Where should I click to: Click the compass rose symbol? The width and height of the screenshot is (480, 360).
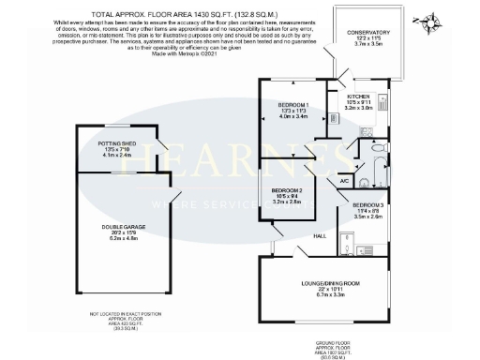click(430, 22)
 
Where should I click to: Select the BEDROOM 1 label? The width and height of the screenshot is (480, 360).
click(293, 102)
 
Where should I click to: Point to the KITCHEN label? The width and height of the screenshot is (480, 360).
click(360, 97)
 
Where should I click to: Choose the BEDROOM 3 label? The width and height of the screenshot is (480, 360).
click(368, 204)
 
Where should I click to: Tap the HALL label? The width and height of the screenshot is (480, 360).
click(319, 235)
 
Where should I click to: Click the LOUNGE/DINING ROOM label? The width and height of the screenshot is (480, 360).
click(325, 282)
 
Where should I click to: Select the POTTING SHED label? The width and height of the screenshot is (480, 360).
click(118, 142)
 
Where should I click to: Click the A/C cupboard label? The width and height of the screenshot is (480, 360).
click(343, 180)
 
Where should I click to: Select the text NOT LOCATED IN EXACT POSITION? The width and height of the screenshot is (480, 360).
click(112, 314)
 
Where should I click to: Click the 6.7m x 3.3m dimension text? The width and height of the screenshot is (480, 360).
click(325, 294)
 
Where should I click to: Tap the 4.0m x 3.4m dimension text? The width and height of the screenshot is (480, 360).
click(293, 116)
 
